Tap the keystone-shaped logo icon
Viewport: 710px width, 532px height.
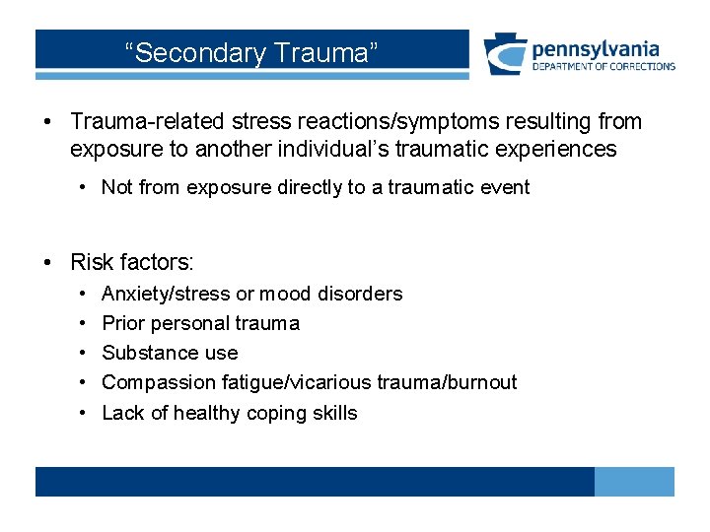(x=505, y=54)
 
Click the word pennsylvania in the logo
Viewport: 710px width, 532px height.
(x=595, y=48)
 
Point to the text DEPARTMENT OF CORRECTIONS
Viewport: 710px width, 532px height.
(x=603, y=67)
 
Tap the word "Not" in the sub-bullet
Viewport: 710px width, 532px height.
(x=117, y=187)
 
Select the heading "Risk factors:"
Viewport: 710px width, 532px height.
(x=132, y=262)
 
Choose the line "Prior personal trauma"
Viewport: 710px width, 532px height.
(x=200, y=323)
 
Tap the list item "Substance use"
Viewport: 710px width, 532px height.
(x=170, y=353)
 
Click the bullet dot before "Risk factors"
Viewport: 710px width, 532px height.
(x=47, y=262)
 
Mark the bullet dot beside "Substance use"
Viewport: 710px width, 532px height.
(x=80, y=353)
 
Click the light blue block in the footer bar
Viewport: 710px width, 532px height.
(x=634, y=482)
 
